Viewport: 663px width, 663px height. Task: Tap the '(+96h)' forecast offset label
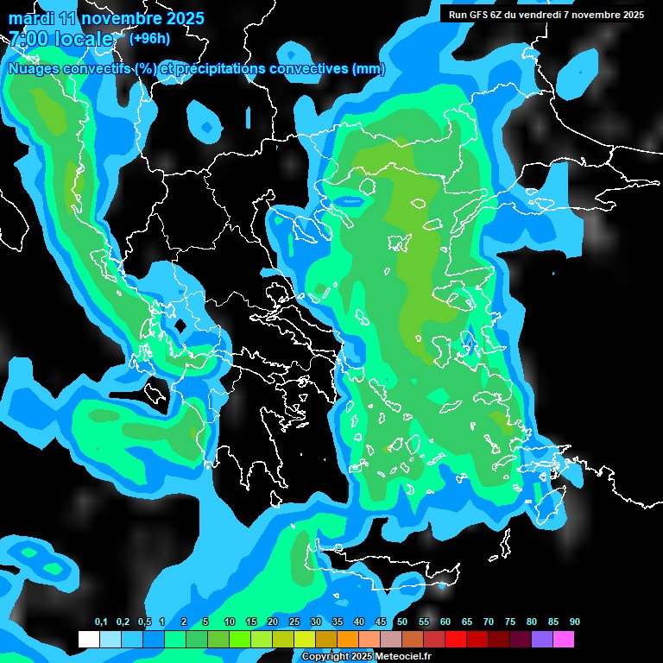point(149,38)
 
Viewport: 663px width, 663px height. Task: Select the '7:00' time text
point(28,39)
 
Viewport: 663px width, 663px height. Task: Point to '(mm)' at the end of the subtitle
point(368,69)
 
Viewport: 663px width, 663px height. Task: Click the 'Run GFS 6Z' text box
point(546,15)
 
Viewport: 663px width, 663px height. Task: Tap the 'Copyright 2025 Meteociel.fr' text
point(366,657)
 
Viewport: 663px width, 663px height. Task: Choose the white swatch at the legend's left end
point(88,640)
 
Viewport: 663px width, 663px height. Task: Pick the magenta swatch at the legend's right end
point(564,640)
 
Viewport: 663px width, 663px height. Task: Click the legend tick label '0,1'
point(101,622)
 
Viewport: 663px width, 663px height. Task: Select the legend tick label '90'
point(575,622)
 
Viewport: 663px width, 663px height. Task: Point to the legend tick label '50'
point(402,622)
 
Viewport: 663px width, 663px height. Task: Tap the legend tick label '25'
point(294,622)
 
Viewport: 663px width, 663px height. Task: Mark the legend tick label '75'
point(510,622)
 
